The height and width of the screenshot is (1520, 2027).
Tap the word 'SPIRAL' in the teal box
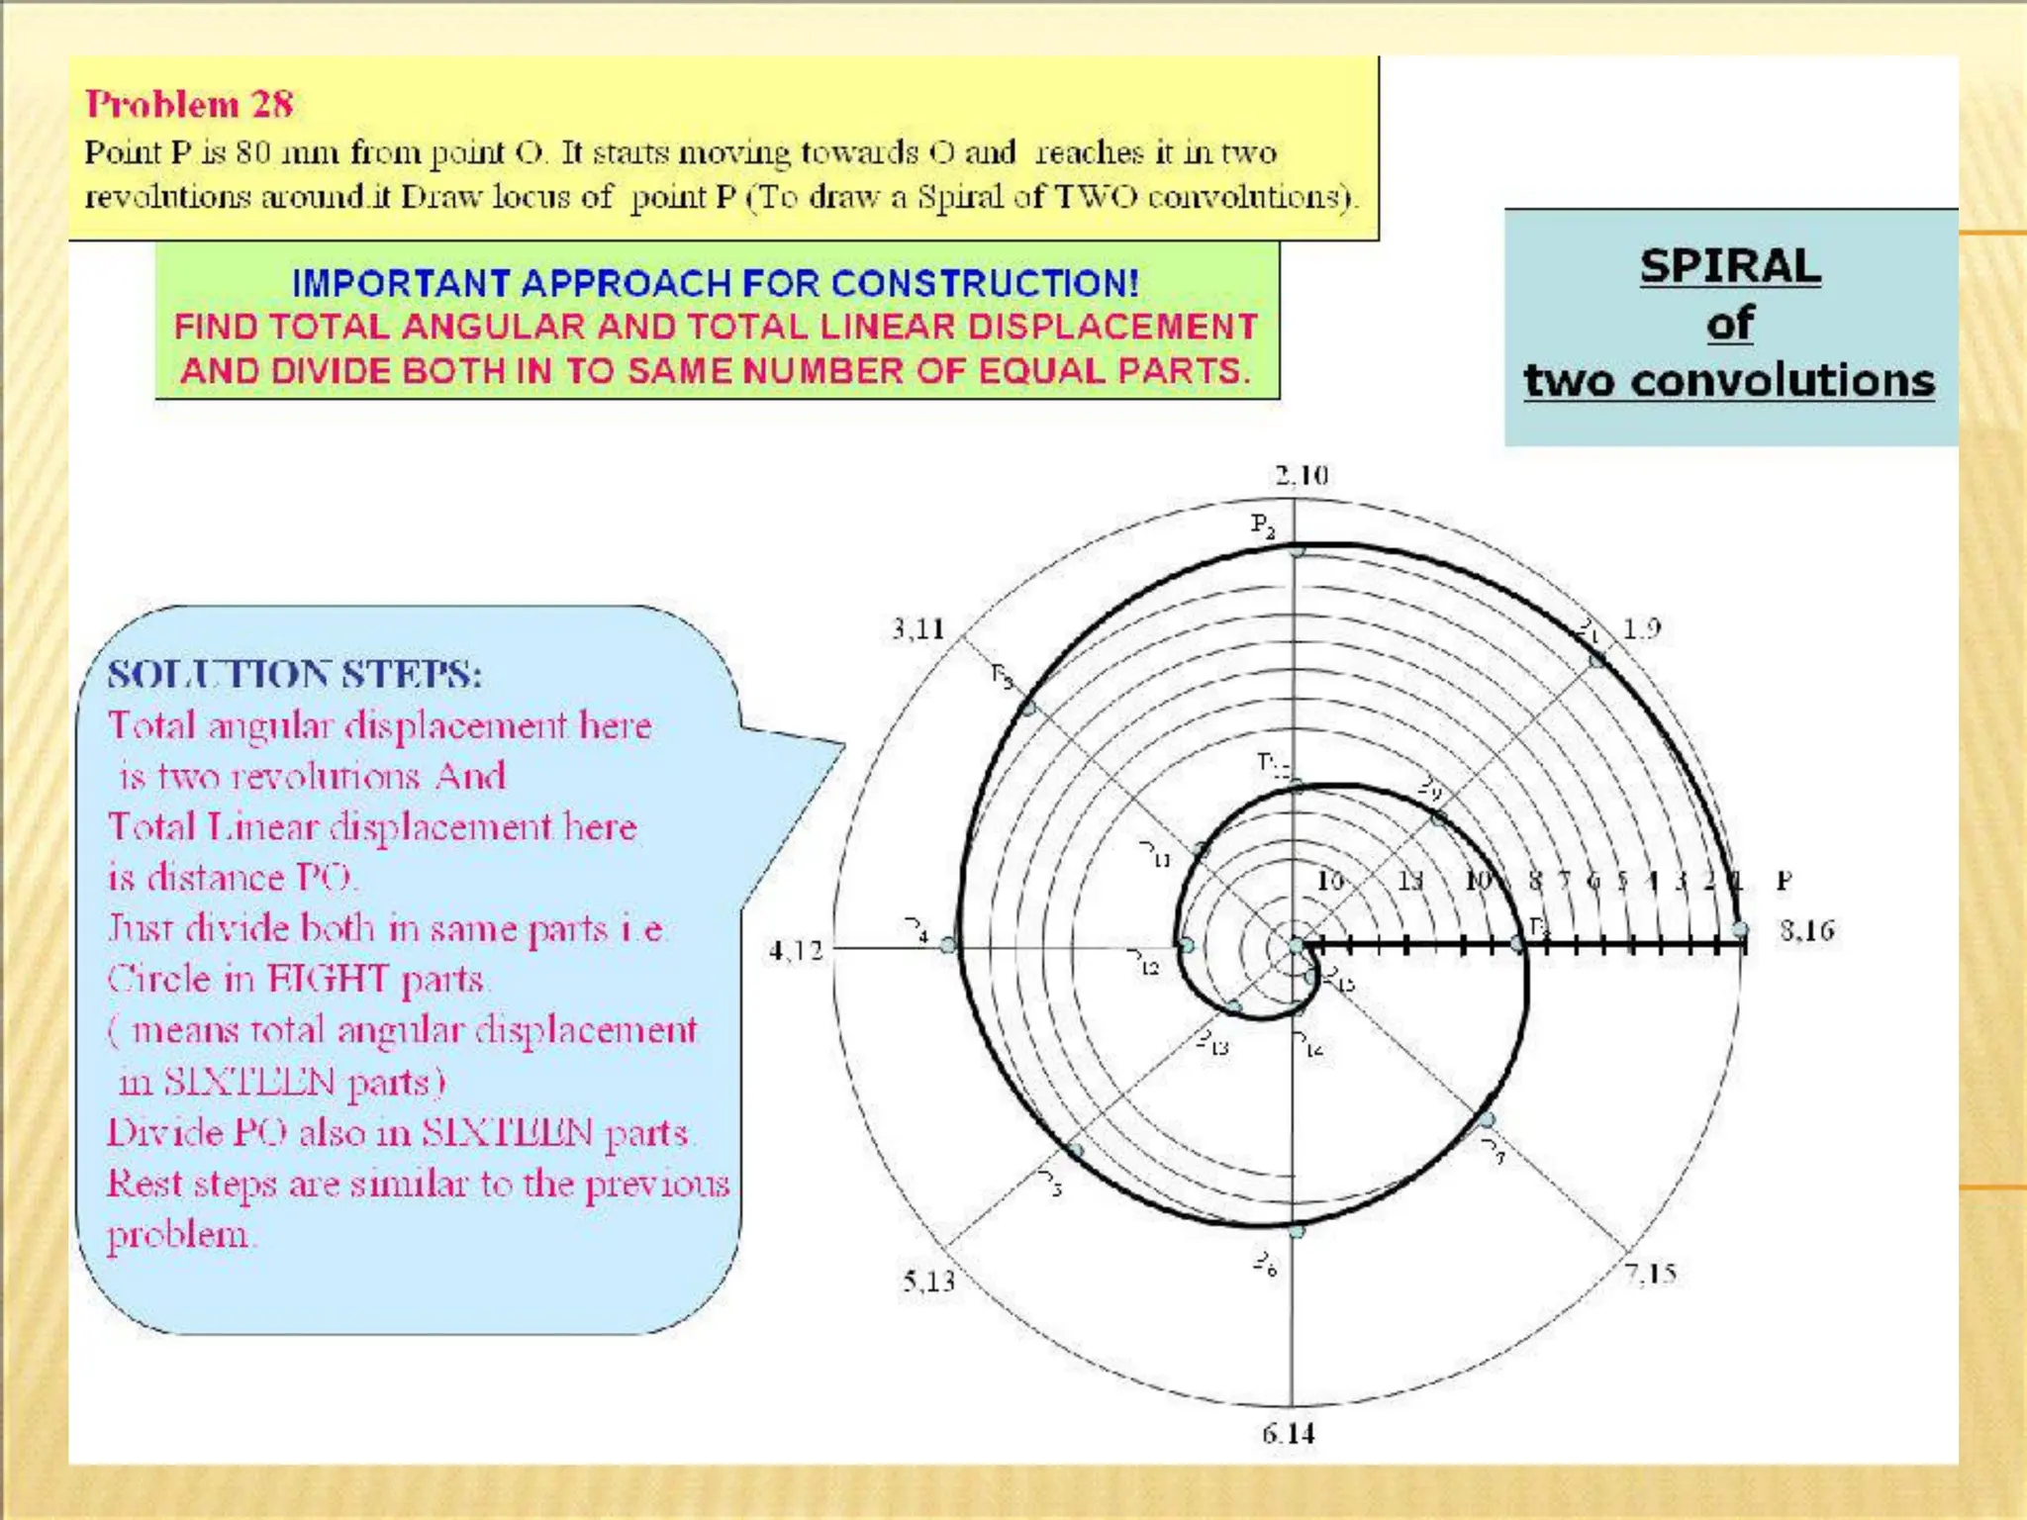[1729, 265]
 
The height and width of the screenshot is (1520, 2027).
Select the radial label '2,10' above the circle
[1301, 476]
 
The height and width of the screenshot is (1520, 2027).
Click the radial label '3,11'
[917, 628]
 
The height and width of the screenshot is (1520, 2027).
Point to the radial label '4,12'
[796, 951]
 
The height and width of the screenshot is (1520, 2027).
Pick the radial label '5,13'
[928, 1281]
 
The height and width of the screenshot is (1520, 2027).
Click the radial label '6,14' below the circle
[1288, 1433]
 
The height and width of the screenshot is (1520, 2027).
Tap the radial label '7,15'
[1650, 1273]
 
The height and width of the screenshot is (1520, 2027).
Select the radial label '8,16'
[1806, 930]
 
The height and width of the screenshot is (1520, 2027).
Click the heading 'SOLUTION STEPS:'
[295, 675]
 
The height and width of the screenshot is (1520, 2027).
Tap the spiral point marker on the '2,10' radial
[1296, 549]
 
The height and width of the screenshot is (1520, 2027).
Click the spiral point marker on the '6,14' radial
[1296, 1231]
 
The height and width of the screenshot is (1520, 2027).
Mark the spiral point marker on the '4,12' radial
[948, 944]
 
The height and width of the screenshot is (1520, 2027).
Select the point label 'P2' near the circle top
[1263, 523]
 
